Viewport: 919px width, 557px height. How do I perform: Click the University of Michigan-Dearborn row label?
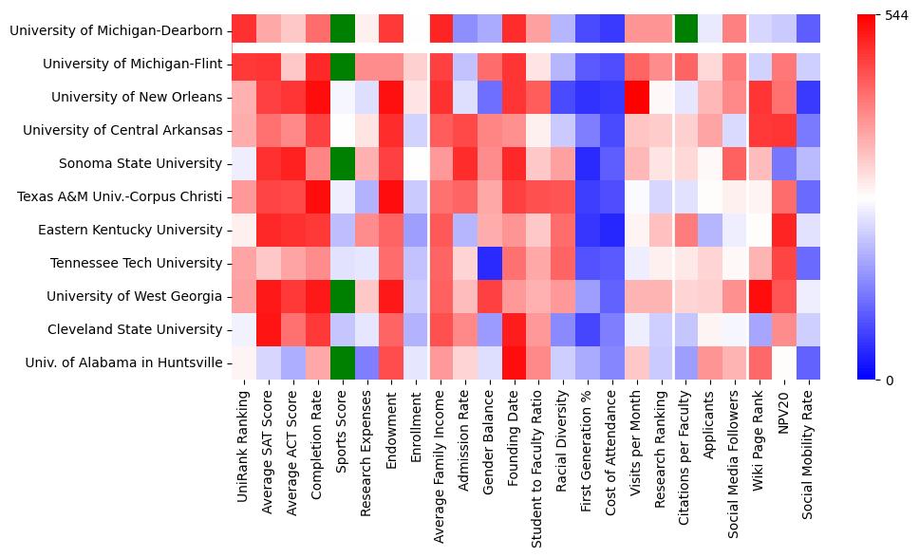[116, 31]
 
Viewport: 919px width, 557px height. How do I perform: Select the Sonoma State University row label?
[141, 163]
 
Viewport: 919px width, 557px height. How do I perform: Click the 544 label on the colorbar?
[896, 16]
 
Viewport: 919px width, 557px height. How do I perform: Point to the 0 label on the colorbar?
[889, 381]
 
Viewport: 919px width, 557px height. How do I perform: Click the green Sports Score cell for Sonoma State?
[343, 163]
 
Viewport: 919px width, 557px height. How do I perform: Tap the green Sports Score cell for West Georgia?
[343, 296]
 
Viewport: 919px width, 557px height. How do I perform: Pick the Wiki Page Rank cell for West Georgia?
[759, 296]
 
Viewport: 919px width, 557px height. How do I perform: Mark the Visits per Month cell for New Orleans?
[635, 97]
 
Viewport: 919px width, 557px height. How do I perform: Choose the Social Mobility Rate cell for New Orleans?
[808, 97]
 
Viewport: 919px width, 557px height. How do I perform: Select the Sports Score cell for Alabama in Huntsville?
[343, 362]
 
